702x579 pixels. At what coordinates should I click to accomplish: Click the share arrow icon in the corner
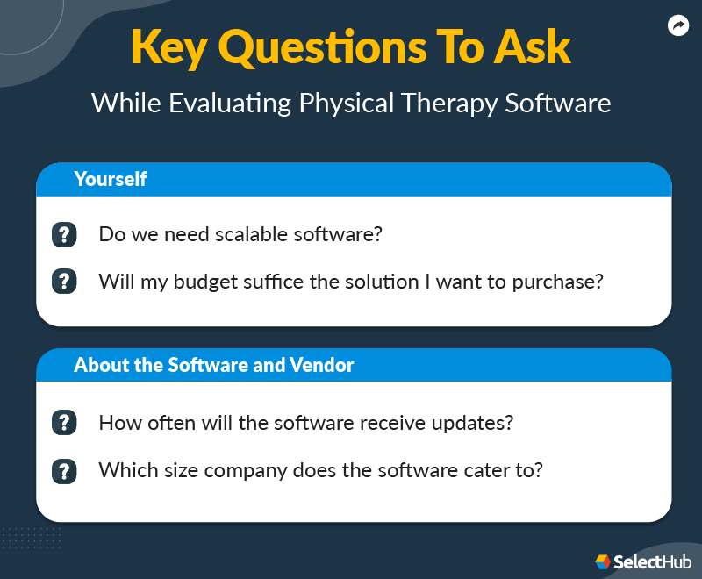(677, 26)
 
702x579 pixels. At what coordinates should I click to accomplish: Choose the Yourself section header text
(110, 180)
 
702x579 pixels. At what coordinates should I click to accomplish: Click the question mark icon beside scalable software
(64, 235)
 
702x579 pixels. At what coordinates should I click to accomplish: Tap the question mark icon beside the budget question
(64, 282)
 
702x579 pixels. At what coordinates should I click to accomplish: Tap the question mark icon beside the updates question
(64, 423)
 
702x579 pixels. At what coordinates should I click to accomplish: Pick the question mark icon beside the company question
(64, 470)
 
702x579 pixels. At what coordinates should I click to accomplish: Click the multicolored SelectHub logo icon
(604, 561)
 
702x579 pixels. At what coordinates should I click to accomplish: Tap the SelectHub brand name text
(653, 561)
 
